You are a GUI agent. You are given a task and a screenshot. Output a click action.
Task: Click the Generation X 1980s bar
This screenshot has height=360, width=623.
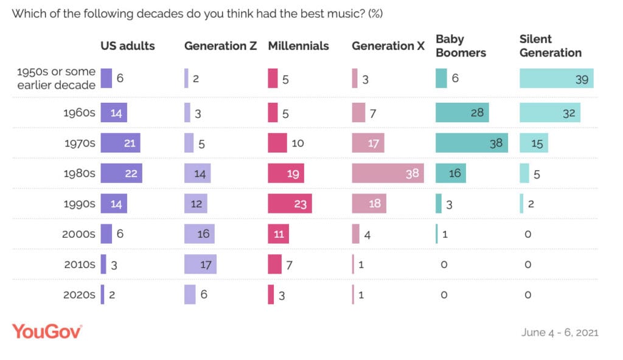pyautogui.click(x=388, y=173)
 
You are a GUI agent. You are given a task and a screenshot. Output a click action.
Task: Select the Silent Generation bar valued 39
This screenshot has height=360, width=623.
pyautogui.click(x=556, y=78)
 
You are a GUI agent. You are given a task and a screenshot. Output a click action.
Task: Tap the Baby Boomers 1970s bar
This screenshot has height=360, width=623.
pyautogui.click(x=472, y=143)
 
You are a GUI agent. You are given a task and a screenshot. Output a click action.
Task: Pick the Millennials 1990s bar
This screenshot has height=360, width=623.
pyautogui.click(x=290, y=204)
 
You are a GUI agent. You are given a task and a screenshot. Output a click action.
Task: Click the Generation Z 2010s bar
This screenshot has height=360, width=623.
pyautogui.click(x=200, y=265)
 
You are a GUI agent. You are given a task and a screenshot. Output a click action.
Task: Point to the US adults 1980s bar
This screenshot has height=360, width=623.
pyautogui.click(x=121, y=173)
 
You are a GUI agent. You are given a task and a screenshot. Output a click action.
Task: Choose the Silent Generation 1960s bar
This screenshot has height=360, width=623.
pyautogui.click(x=549, y=112)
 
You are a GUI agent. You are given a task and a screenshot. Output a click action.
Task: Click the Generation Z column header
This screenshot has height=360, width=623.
pyautogui.click(x=220, y=46)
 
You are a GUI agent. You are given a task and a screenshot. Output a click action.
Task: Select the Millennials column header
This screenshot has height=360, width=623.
pyautogui.click(x=298, y=46)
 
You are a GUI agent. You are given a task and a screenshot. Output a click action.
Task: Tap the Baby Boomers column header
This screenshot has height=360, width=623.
pyautogui.click(x=461, y=46)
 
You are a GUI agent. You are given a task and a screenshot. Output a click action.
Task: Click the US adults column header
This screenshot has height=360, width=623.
pyautogui.click(x=128, y=46)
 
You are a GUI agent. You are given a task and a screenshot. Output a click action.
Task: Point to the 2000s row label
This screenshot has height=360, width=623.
pyautogui.click(x=79, y=234)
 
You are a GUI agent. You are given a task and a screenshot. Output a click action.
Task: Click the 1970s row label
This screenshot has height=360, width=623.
pyautogui.click(x=79, y=143)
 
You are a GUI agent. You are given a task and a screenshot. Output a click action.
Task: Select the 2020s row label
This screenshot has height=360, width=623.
pyautogui.click(x=79, y=295)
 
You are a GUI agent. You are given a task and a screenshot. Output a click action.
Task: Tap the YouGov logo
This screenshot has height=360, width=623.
pyautogui.click(x=47, y=331)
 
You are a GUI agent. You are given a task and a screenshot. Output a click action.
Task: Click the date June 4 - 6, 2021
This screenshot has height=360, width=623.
pyautogui.click(x=560, y=333)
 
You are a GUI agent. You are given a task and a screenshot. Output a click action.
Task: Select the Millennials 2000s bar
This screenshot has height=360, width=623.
pyautogui.click(x=278, y=234)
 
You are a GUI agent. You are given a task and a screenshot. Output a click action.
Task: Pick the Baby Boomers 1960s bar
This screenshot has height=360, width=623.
pyautogui.click(x=462, y=112)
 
